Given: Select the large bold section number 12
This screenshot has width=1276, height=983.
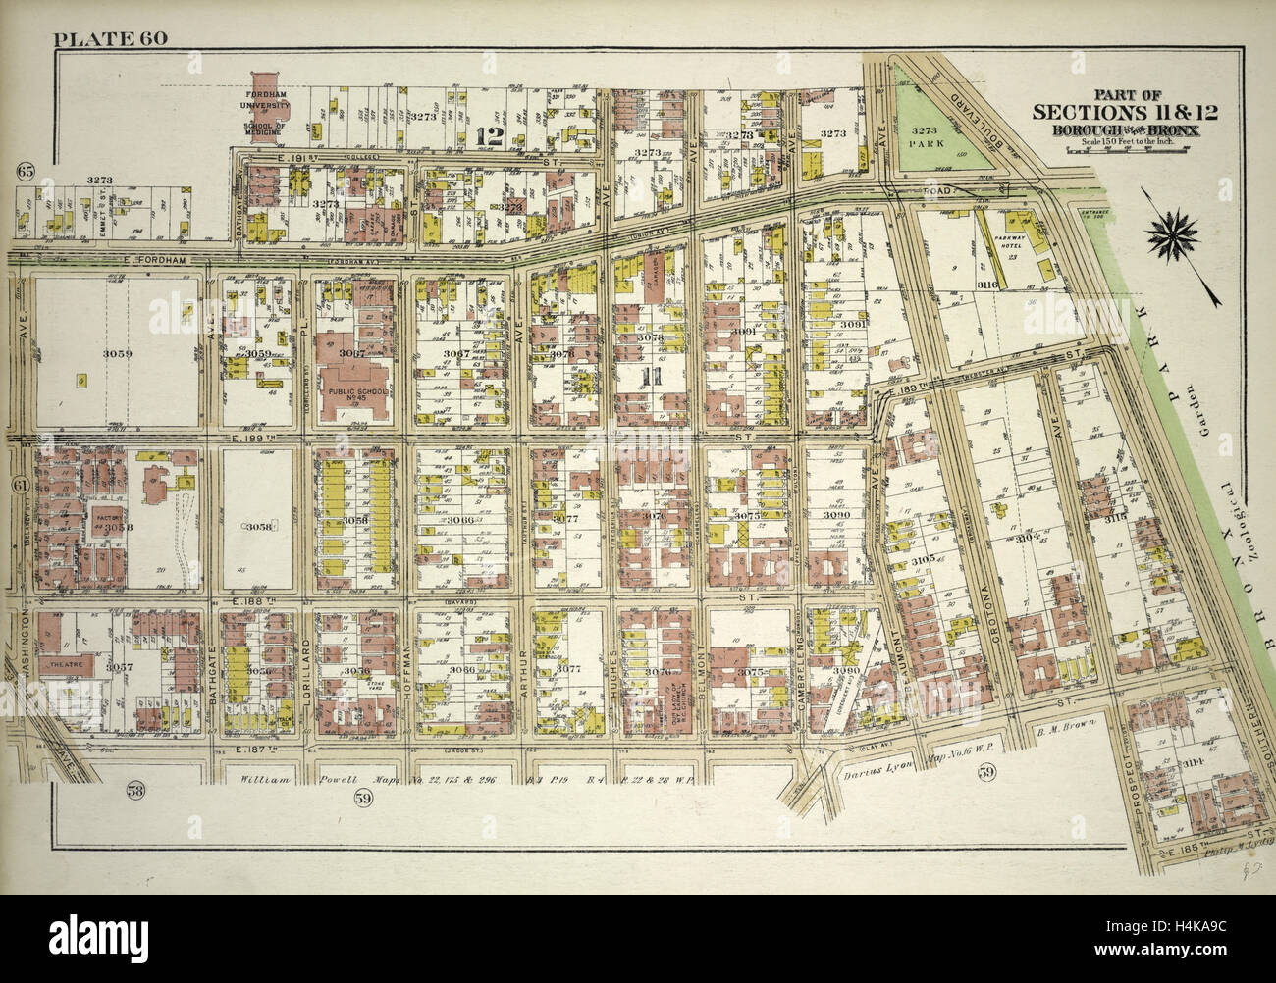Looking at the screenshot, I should tap(485, 137).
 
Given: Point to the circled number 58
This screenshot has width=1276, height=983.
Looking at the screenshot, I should tap(136, 788).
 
